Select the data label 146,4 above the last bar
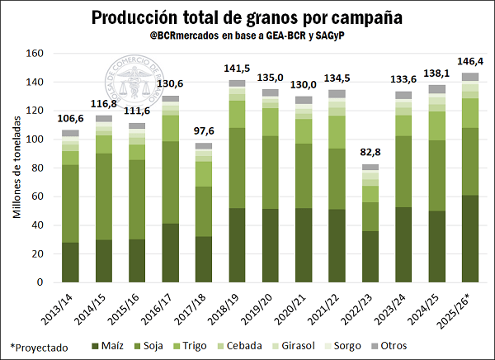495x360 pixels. coord(470,62)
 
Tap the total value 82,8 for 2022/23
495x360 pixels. coord(370,153)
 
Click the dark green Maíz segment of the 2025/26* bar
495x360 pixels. coord(470,239)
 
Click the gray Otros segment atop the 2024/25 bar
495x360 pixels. coord(436,89)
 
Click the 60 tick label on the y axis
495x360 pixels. coord(35,197)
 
